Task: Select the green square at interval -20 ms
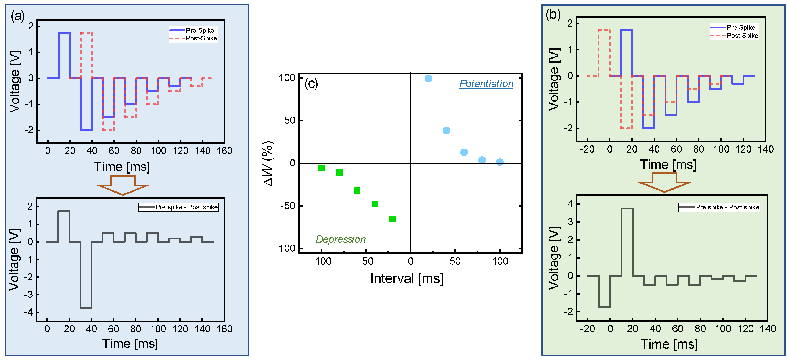[393, 219]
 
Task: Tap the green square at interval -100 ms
[321, 168]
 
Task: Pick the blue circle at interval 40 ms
[446, 130]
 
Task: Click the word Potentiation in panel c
[486, 84]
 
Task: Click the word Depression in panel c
[341, 239]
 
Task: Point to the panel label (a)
[17, 16]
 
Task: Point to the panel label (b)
[553, 14]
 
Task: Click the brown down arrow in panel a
[123, 185]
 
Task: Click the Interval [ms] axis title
[406, 278]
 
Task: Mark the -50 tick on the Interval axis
[366, 261]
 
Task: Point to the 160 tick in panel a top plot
[224, 151]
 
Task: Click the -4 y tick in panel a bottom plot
[30, 312]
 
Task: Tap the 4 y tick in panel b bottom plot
[570, 204]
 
